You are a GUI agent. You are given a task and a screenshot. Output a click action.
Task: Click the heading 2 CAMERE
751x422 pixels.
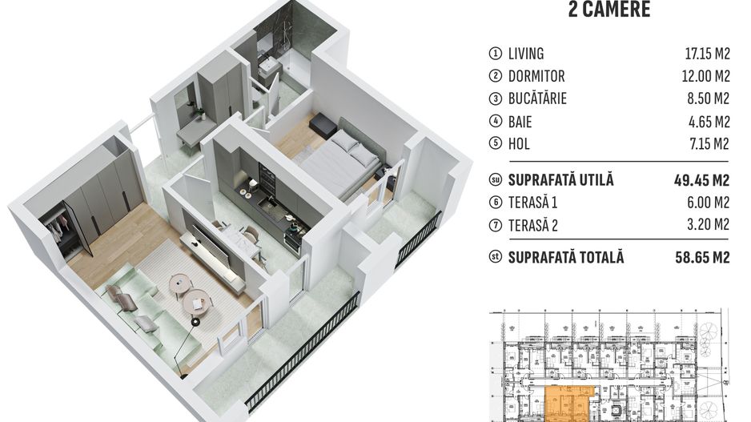[608, 10]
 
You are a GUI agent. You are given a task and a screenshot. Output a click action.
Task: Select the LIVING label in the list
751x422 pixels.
[526, 54]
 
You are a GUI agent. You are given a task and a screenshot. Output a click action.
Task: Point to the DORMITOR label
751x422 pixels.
[536, 76]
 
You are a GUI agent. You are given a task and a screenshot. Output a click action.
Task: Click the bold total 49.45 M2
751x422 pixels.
[702, 179]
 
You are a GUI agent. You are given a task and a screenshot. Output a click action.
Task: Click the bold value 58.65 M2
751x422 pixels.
[702, 258]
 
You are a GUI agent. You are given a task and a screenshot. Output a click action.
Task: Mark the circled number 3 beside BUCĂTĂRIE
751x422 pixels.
[495, 99]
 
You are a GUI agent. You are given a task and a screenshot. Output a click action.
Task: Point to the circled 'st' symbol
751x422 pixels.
[495, 258]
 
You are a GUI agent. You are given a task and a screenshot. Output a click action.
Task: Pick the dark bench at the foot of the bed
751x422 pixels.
[323, 124]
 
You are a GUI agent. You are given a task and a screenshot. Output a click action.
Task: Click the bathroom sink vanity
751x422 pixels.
[267, 66]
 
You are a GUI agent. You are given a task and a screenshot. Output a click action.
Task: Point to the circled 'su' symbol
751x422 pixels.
[495, 179]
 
